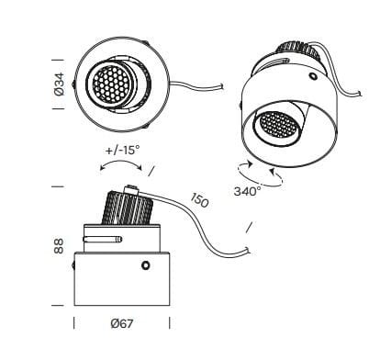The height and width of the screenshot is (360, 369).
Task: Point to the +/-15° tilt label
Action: [x=122, y=149]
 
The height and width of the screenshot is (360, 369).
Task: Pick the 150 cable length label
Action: [x=199, y=198]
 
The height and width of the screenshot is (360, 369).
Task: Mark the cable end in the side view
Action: [x=248, y=249]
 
